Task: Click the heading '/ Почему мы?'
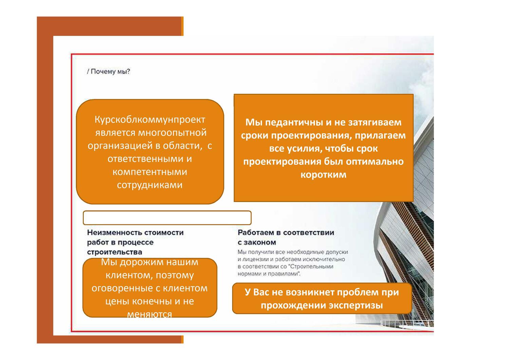click(109, 72)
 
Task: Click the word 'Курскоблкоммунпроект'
click(150, 120)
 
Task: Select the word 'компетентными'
click(150, 172)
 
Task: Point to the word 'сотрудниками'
click(150, 185)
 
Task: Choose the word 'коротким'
click(323, 175)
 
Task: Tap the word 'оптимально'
click(375, 161)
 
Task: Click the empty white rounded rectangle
click(167, 218)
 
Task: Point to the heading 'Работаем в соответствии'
click(286, 233)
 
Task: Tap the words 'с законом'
click(257, 242)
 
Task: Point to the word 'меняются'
click(150, 314)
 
